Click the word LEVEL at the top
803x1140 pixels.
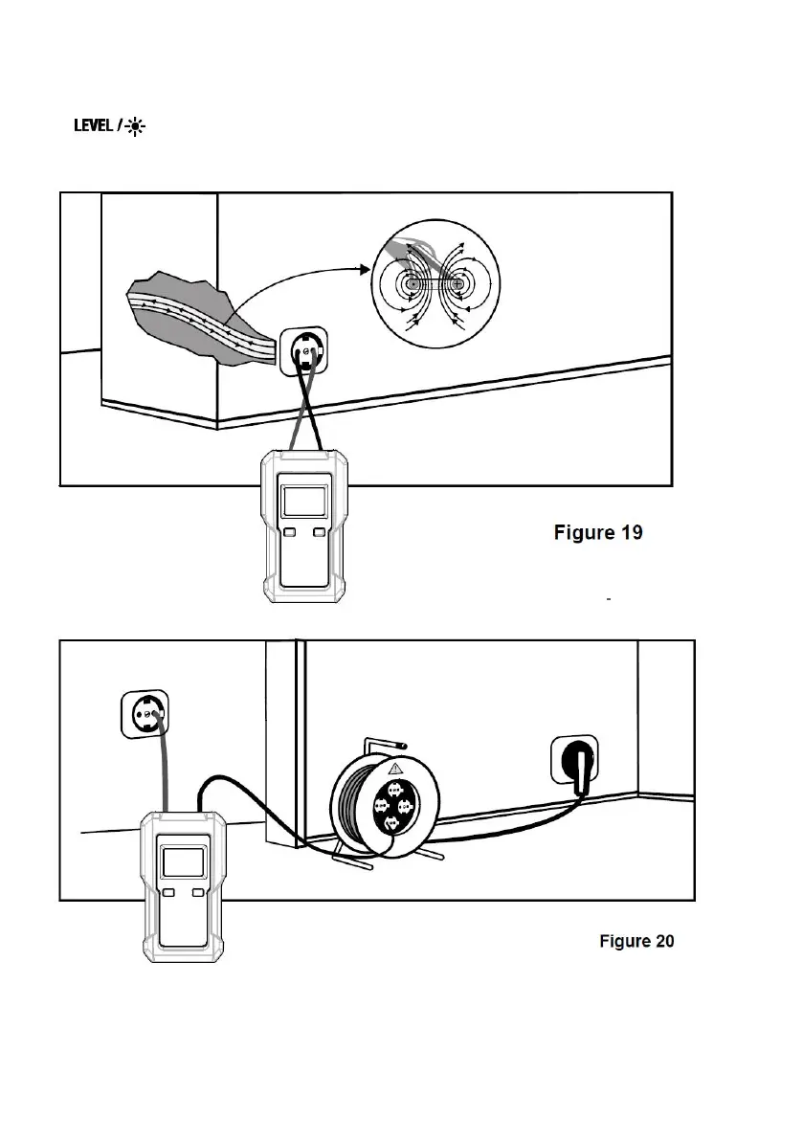pyautogui.click(x=94, y=126)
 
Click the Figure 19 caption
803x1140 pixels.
pyautogui.click(x=598, y=532)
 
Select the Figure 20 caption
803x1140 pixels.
pyautogui.click(x=636, y=941)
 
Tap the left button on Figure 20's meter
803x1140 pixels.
pyautogui.click(x=168, y=893)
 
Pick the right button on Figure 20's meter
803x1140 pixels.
pyautogui.click(x=199, y=893)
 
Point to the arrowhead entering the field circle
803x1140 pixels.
pyautogui.click(x=366, y=270)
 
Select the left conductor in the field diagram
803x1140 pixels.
pyautogui.click(x=413, y=284)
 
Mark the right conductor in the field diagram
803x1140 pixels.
pyautogui.click(x=458, y=284)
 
